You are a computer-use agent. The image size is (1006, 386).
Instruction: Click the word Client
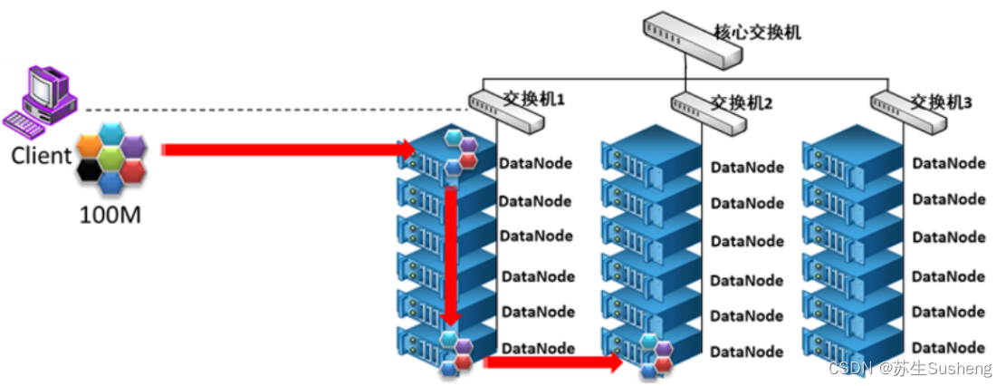coord(41,155)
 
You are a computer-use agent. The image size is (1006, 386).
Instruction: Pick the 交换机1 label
coord(534,97)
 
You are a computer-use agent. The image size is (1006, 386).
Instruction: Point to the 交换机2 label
coord(742,102)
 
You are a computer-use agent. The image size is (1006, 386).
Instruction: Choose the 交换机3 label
coord(941,102)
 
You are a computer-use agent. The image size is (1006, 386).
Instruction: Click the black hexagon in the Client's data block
coord(88,169)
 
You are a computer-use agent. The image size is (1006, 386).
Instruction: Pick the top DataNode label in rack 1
coord(535,164)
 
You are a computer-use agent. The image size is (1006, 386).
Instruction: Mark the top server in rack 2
coord(652,156)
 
